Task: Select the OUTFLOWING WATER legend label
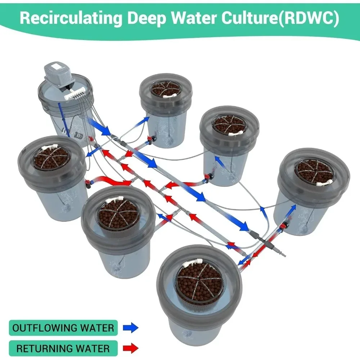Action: pyautogui.click(x=63, y=328)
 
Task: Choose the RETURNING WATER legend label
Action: pyautogui.click(x=63, y=348)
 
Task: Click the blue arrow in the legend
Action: pyautogui.click(x=130, y=328)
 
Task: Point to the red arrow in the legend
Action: pyautogui.click(x=130, y=348)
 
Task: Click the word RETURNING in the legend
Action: pyautogui.click(x=40, y=348)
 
